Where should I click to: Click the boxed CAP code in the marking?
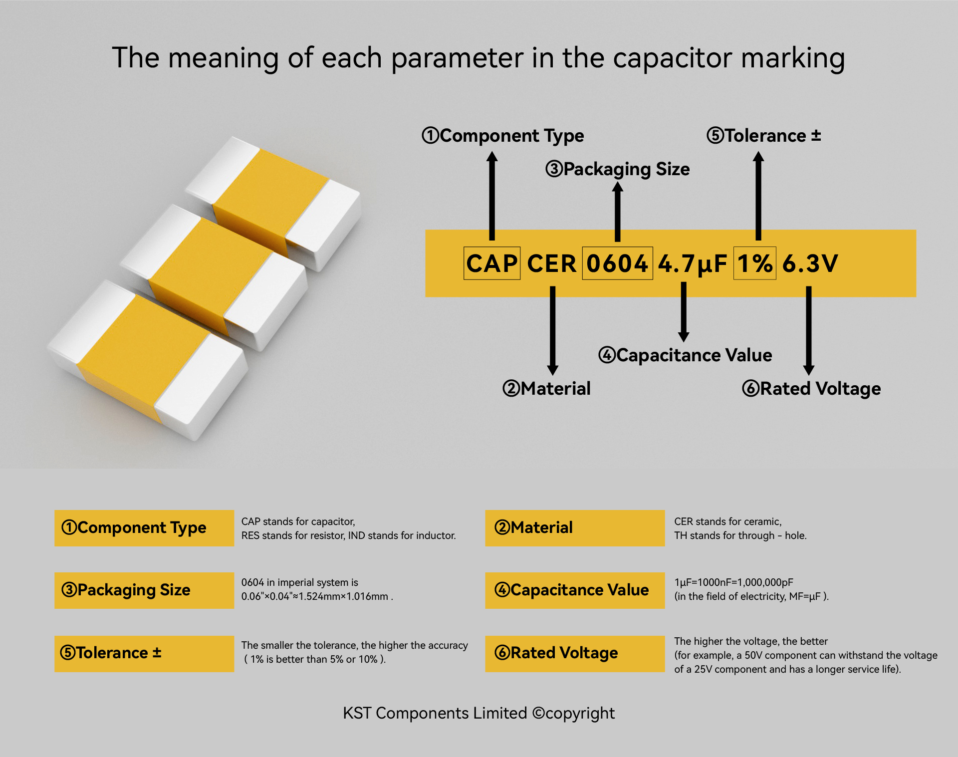(x=492, y=263)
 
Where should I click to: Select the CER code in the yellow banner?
(x=551, y=263)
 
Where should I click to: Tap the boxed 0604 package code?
(x=617, y=263)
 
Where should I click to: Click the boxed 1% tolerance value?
(x=754, y=263)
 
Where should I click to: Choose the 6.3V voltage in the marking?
(x=810, y=263)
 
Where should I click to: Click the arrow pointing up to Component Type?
(x=492, y=196)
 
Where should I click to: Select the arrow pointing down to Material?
(x=552, y=330)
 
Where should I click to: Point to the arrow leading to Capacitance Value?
(x=684, y=312)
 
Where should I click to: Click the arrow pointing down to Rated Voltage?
(x=809, y=330)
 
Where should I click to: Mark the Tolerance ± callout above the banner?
(x=764, y=135)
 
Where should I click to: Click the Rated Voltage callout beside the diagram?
(x=811, y=389)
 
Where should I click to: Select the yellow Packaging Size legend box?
(x=144, y=590)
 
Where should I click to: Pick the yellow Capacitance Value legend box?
(x=575, y=590)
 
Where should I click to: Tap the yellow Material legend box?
(x=575, y=528)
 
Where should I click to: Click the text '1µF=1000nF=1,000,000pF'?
(x=733, y=582)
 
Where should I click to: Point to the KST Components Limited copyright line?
(x=479, y=714)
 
